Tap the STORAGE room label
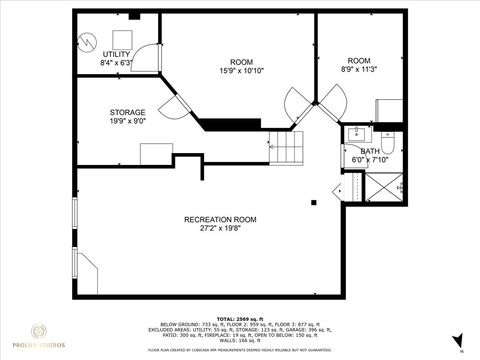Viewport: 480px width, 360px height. coord(127,112)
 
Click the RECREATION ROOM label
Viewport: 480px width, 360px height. coord(220,219)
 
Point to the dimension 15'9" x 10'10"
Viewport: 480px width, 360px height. coord(241,71)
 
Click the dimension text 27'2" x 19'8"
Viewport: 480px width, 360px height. coord(220,229)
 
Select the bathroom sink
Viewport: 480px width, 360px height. coord(356,133)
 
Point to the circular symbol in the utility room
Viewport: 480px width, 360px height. coord(88,42)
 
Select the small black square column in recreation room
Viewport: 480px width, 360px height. coord(314,202)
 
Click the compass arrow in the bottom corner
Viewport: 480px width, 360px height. coord(459,340)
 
